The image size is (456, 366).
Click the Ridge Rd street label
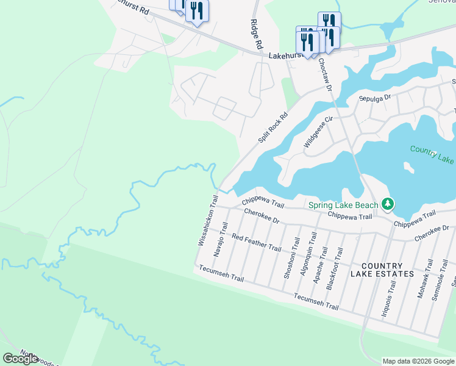click(256, 34)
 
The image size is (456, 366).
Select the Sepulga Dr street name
click(374, 98)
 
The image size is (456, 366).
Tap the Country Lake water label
click(432, 154)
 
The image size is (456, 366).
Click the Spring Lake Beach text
click(343, 205)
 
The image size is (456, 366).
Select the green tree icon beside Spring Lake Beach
click(387, 203)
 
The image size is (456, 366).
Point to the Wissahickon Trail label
click(208, 220)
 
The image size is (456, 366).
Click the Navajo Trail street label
click(219, 239)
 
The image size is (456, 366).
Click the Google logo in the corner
click(21, 358)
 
